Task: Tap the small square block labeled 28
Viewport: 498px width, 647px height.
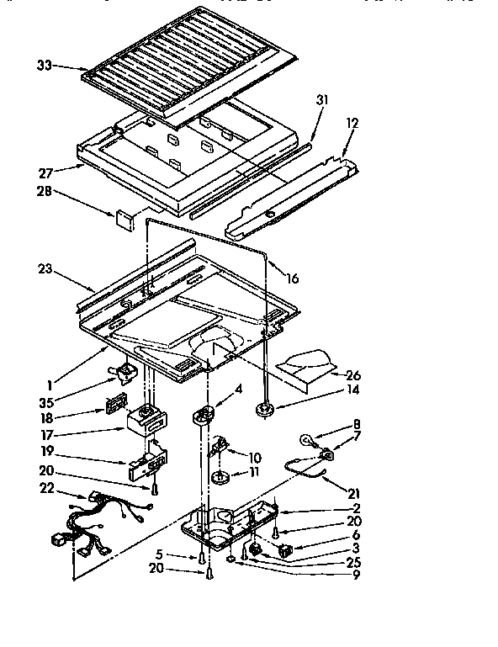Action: pyautogui.click(x=125, y=220)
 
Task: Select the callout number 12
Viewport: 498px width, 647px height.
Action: pyautogui.click(x=352, y=124)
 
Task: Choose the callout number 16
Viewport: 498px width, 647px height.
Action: pyautogui.click(x=292, y=278)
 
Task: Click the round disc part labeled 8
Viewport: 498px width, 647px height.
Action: pyautogui.click(x=309, y=439)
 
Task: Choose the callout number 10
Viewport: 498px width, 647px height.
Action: pyautogui.click(x=254, y=458)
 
